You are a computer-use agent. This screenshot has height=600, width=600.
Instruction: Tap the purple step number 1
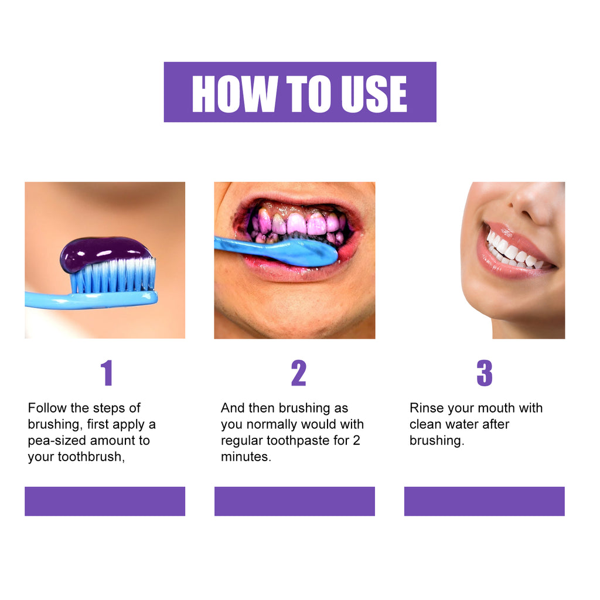tap(106, 373)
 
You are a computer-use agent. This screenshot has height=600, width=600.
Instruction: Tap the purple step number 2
tap(298, 373)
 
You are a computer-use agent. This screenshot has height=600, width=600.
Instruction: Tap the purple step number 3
tap(484, 373)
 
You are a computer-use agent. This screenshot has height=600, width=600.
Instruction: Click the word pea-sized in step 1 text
tap(58, 441)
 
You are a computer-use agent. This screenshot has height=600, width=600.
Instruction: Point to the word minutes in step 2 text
tap(246, 457)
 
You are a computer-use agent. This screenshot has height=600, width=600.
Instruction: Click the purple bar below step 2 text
tap(294, 501)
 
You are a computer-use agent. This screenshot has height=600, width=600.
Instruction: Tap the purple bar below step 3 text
tap(484, 501)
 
